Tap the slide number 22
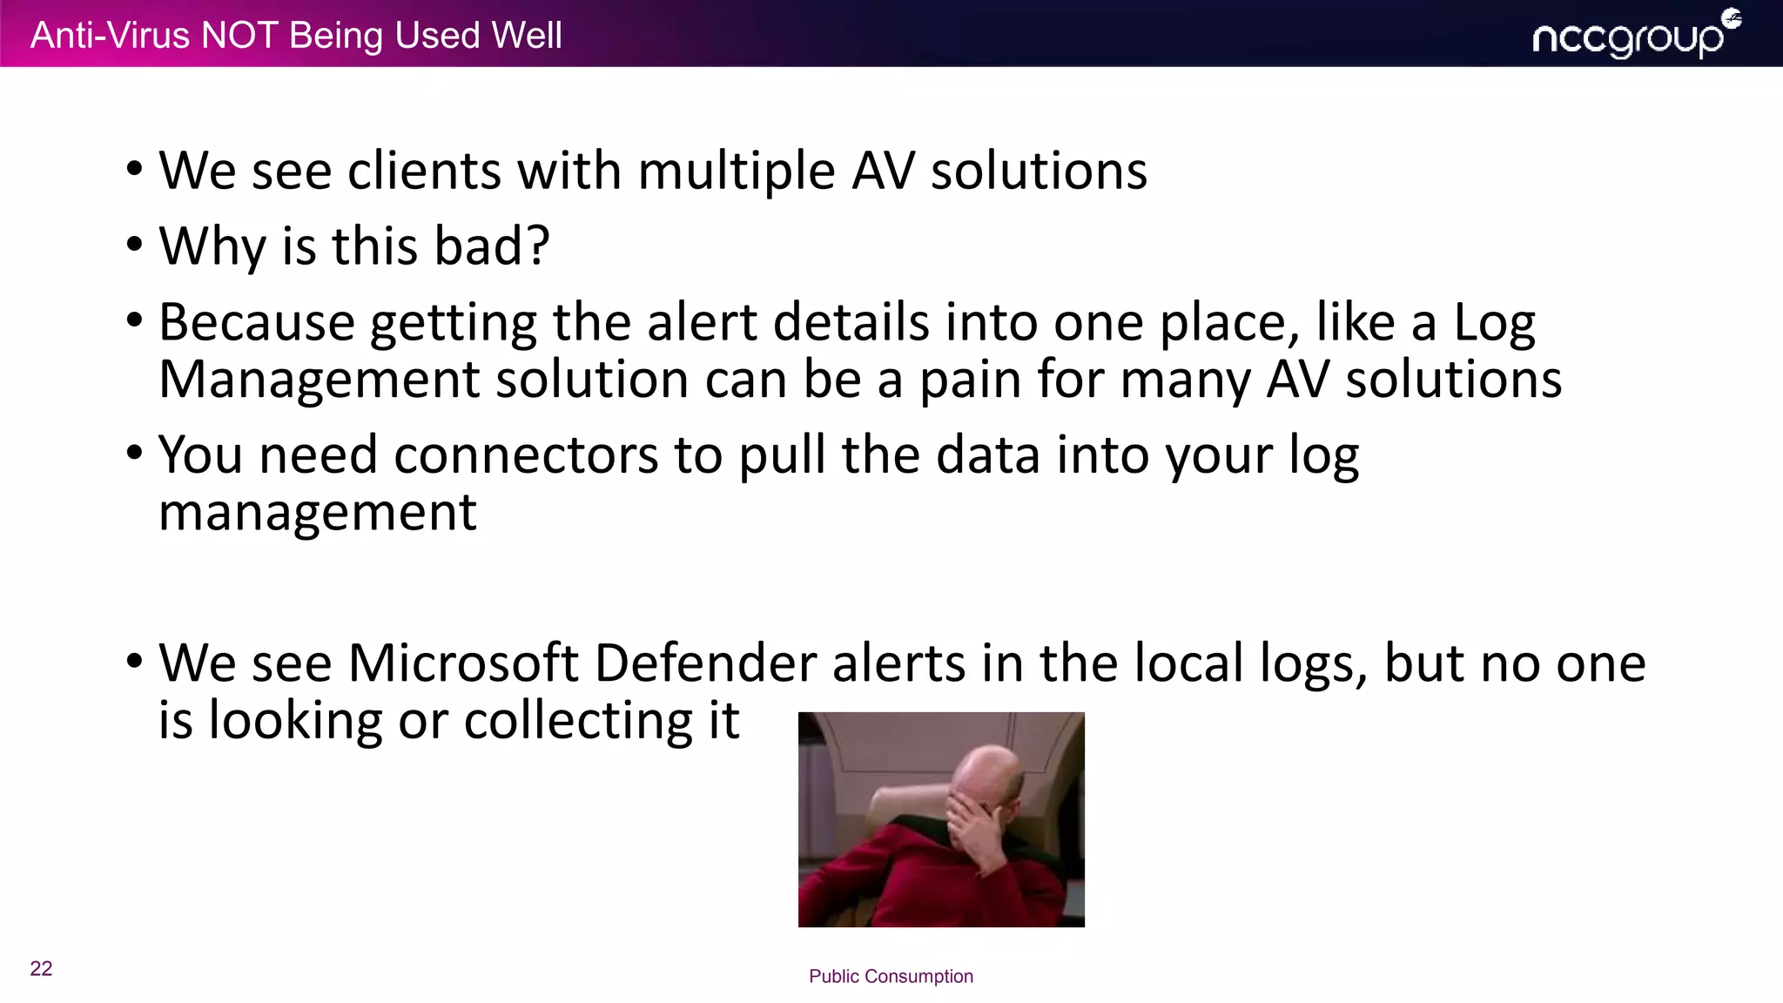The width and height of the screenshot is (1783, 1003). tap(41, 968)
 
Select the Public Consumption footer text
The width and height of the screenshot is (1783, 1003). tap(891, 976)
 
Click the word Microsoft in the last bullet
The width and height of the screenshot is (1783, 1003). tap(463, 663)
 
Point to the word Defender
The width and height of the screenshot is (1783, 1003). tap(705, 663)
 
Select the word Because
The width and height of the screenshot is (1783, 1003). tap(257, 323)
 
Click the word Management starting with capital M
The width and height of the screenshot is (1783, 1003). tap(320, 380)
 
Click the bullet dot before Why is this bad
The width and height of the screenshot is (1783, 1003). tap(133, 245)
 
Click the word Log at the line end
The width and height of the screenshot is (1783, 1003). tap(1495, 323)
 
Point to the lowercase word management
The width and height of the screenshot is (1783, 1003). tap(318, 513)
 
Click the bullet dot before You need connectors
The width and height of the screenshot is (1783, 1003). tap(133, 453)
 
